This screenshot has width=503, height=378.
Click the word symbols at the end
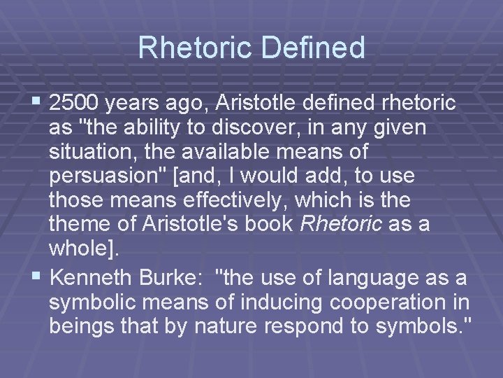pyautogui.click(x=421, y=328)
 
